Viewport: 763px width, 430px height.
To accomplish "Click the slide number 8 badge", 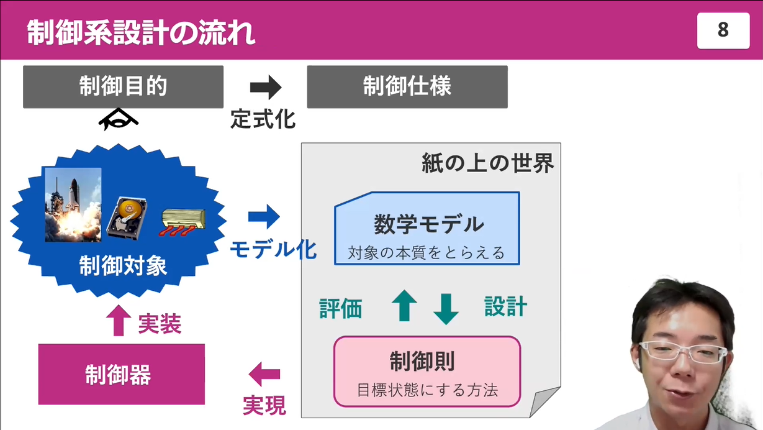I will coord(723,30).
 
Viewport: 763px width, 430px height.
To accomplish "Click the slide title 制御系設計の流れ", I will coord(141,32).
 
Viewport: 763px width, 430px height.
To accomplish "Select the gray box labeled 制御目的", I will coord(123,87).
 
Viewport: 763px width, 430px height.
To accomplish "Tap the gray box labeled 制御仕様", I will coord(407,87).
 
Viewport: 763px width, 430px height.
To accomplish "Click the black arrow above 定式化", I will coord(265,88).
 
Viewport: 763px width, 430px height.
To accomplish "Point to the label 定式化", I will coord(263,119).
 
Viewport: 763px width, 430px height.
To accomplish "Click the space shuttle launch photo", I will coord(73,204).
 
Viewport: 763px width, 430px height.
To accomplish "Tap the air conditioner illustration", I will coord(183,221).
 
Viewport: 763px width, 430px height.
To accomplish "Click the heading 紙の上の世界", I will coord(487,163).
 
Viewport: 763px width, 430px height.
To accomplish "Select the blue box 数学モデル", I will coord(427,229).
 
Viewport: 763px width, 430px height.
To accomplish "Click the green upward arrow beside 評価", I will coord(404,306).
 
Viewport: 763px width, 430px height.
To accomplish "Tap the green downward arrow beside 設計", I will coord(446,308).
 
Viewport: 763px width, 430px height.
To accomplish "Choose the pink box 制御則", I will coord(427,372).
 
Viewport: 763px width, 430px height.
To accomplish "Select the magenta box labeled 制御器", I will coord(121,375).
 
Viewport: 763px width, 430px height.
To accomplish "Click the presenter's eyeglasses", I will coord(682,352).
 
